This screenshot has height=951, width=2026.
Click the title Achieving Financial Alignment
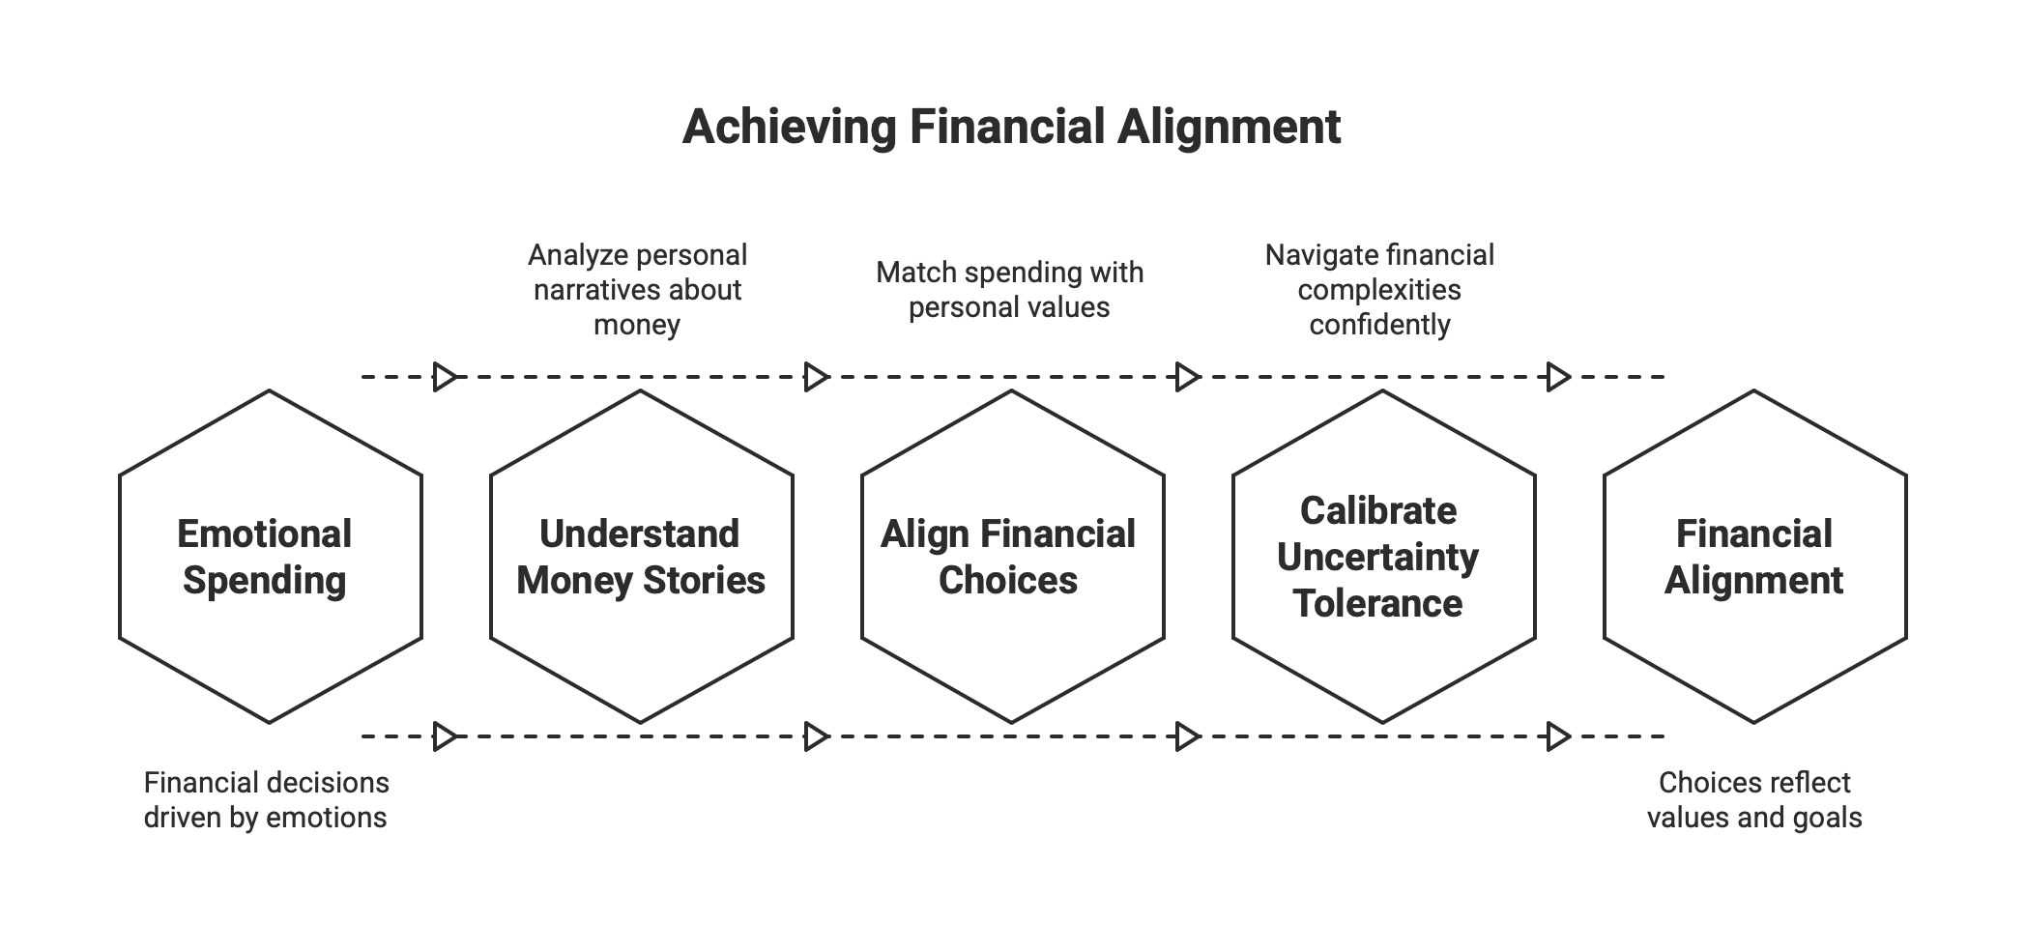click(1011, 127)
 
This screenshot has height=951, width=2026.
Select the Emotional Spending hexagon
click(270, 556)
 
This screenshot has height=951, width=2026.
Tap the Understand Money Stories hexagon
click(641, 556)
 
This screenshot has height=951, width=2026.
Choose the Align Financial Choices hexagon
click(1012, 556)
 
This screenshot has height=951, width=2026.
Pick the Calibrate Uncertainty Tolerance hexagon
click(1383, 556)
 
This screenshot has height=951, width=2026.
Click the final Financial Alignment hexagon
click(1754, 556)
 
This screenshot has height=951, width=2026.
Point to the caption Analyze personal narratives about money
click(637, 290)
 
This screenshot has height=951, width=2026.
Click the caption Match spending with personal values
click(1009, 290)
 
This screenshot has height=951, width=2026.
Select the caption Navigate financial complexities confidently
click(1379, 290)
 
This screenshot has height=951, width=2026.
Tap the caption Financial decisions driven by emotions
click(266, 799)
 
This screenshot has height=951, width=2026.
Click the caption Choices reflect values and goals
click(1754, 799)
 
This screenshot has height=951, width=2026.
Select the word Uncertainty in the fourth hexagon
click(1378, 558)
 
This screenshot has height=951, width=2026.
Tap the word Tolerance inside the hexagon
click(1378, 604)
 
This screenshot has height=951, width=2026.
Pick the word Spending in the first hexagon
click(264, 581)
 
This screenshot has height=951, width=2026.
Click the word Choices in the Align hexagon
click(1008, 581)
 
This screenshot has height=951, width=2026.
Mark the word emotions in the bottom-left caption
click(326, 818)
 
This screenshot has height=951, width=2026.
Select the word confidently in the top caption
click(1379, 325)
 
